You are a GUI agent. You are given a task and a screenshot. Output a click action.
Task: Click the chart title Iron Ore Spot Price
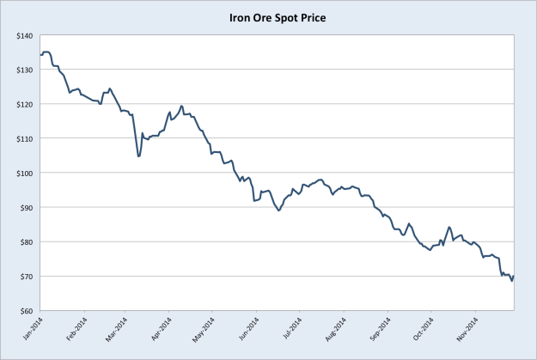pyautogui.click(x=269, y=15)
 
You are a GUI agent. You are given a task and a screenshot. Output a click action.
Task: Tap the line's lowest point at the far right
pyautogui.click(x=512, y=281)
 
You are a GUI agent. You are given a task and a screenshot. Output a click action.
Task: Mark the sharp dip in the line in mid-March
pyautogui.click(x=138, y=156)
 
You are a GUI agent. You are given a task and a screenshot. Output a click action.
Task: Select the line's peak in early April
pyautogui.click(x=181, y=106)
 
